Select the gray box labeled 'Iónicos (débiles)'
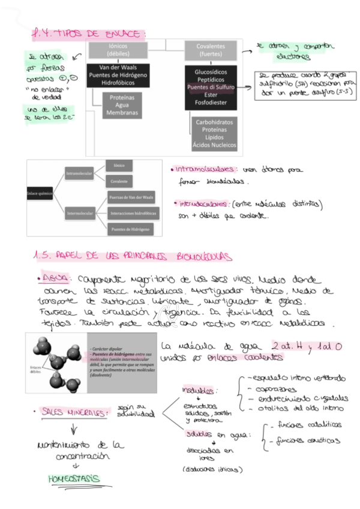(122, 50)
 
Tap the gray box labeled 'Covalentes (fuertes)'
(210, 50)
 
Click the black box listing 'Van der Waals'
(122, 75)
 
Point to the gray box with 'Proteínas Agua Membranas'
(122, 105)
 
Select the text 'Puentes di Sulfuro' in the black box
(210, 88)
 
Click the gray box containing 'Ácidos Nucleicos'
(210, 134)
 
